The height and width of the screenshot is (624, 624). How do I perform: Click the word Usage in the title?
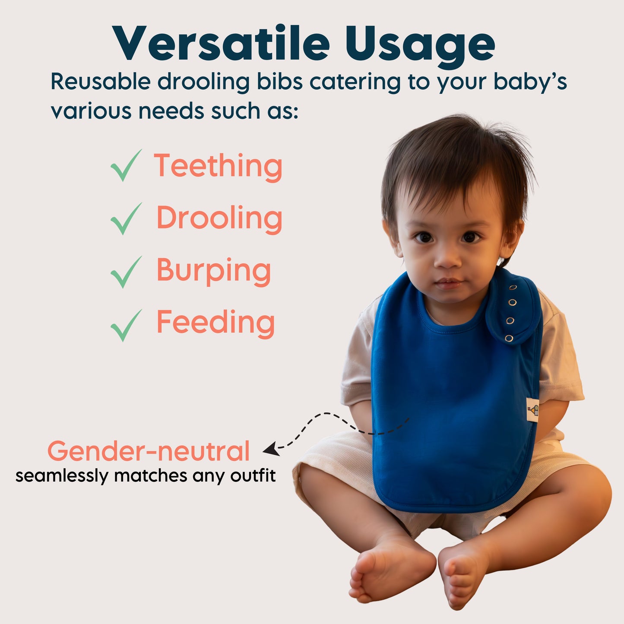click(x=420, y=47)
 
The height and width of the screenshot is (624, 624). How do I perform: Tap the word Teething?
click(x=218, y=167)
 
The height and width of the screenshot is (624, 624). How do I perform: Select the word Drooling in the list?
click(x=219, y=219)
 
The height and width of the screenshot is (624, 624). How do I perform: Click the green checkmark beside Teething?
click(x=126, y=165)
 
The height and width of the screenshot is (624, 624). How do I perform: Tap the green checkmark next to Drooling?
click(x=126, y=219)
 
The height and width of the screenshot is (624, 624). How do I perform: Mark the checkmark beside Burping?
click(x=126, y=272)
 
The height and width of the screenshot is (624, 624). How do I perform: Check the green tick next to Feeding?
click(x=126, y=325)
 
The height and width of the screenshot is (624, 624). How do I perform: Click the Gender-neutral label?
click(x=149, y=451)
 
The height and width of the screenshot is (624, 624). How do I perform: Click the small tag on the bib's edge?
click(x=533, y=410)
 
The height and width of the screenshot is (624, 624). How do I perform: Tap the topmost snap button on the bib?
click(x=513, y=287)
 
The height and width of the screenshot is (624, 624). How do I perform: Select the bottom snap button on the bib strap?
click(x=509, y=339)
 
